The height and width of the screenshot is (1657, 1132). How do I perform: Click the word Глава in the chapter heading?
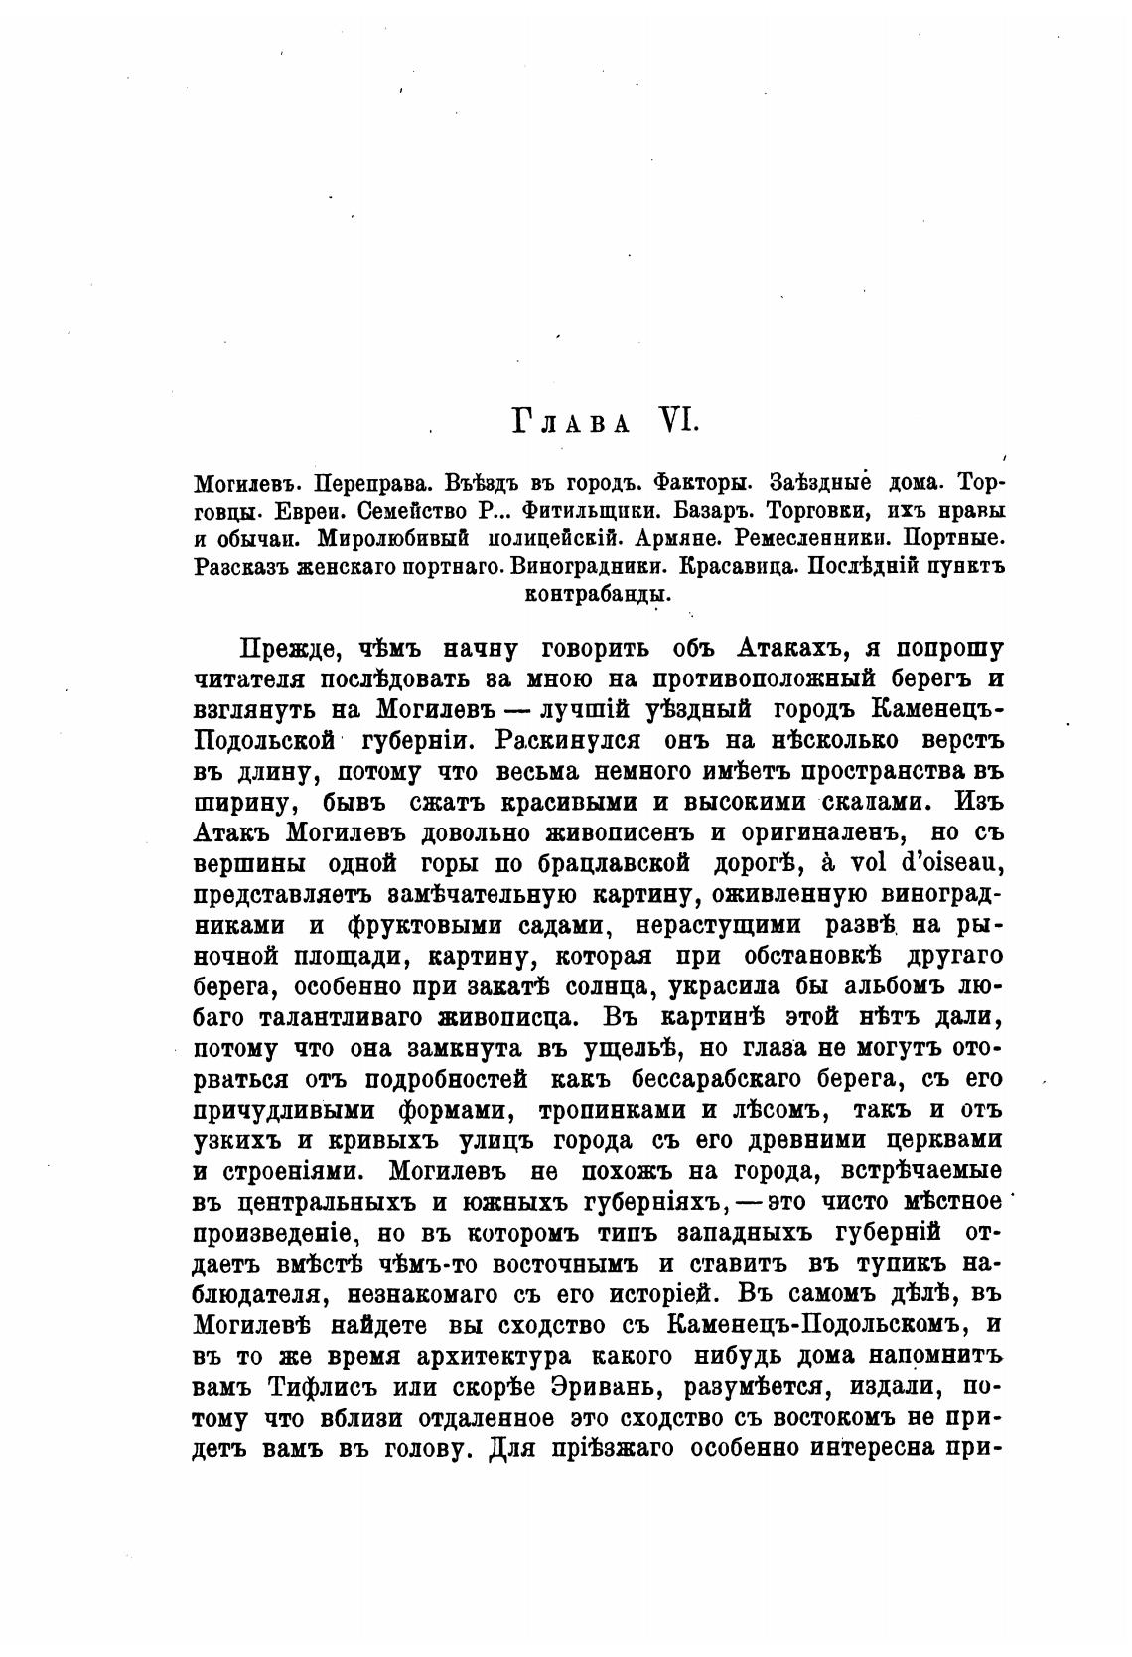click(x=570, y=423)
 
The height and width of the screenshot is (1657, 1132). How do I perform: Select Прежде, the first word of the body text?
click(x=291, y=652)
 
